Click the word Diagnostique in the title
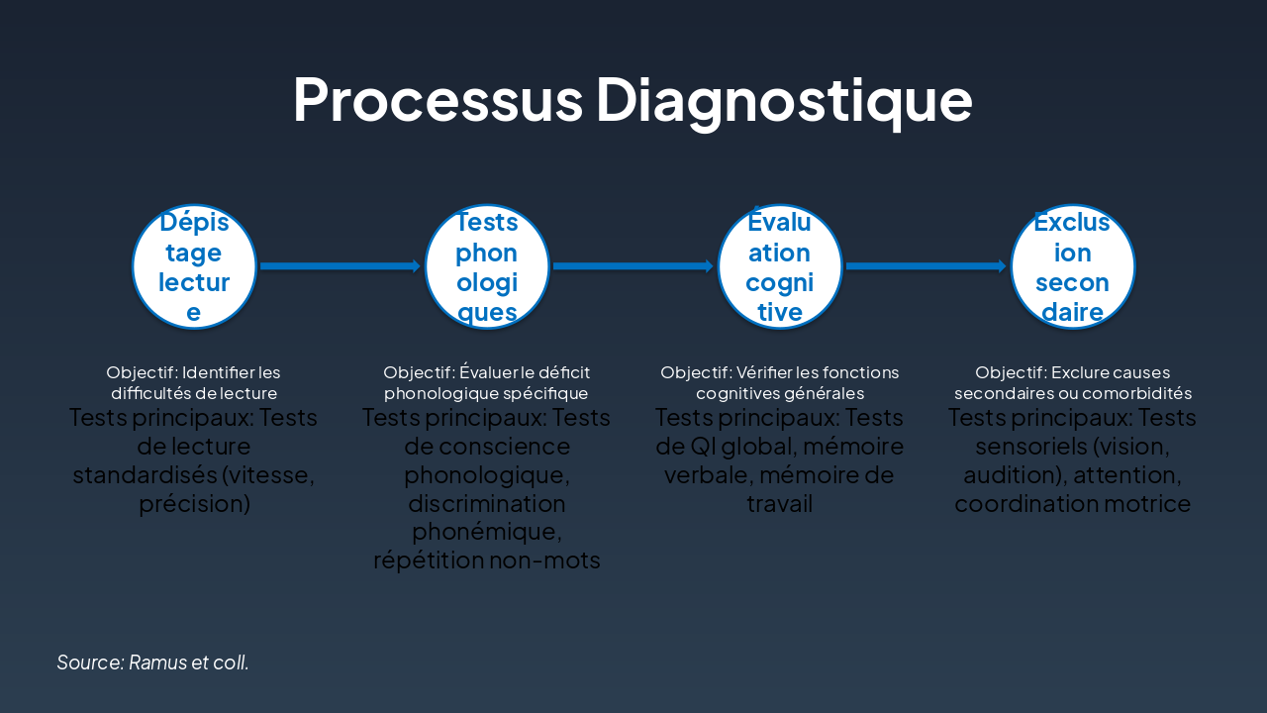783,98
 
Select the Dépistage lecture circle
194,265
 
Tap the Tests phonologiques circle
487,265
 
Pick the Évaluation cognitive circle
780,265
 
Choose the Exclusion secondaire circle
1073,265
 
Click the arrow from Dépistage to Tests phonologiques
341,265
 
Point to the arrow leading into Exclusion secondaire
926,265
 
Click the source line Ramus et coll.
152,662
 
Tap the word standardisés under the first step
145,475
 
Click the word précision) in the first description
194,504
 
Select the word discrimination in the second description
487,504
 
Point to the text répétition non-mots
487,560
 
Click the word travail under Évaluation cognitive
780,504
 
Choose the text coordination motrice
1073,504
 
